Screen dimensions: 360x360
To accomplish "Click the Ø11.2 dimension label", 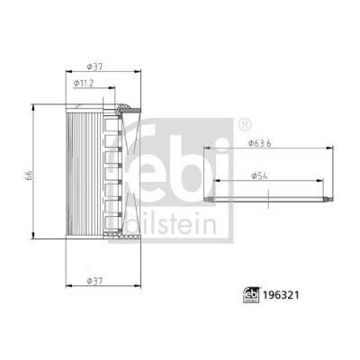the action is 84,83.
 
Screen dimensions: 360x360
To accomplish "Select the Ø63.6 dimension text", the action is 260,143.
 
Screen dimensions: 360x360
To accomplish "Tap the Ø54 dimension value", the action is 259,176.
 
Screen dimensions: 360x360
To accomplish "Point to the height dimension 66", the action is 29,175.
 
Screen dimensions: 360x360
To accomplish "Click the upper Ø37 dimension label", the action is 94,67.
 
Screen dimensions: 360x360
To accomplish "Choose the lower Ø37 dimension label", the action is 94,281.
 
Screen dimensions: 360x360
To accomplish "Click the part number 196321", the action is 281,295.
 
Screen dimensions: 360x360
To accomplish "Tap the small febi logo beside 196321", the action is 251,295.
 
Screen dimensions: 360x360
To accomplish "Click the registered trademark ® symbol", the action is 245,124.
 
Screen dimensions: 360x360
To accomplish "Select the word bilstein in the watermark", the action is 171,224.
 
